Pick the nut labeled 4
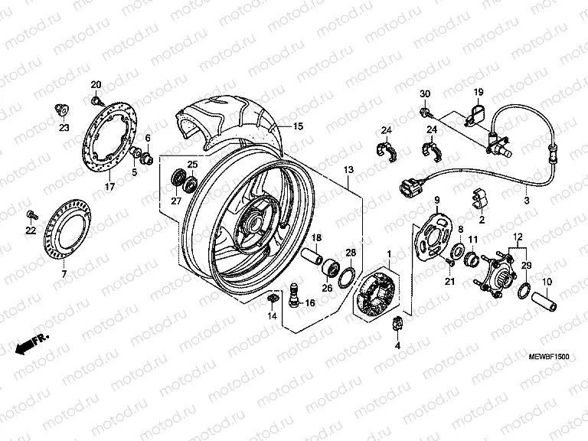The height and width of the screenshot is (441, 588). click(397, 324)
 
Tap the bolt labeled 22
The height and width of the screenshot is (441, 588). click(31, 211)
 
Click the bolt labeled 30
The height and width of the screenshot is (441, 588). click(423, 113)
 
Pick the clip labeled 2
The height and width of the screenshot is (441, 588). click(479, 201)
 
